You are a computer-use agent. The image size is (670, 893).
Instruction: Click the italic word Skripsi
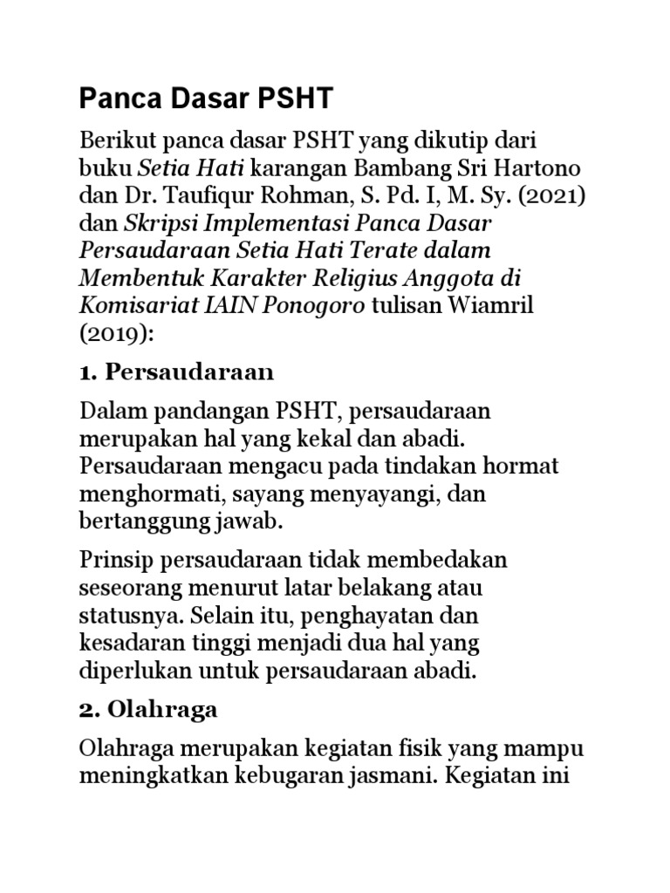(x=158, y=222)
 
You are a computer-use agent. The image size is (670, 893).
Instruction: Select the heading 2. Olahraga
(x=148, y=710)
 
